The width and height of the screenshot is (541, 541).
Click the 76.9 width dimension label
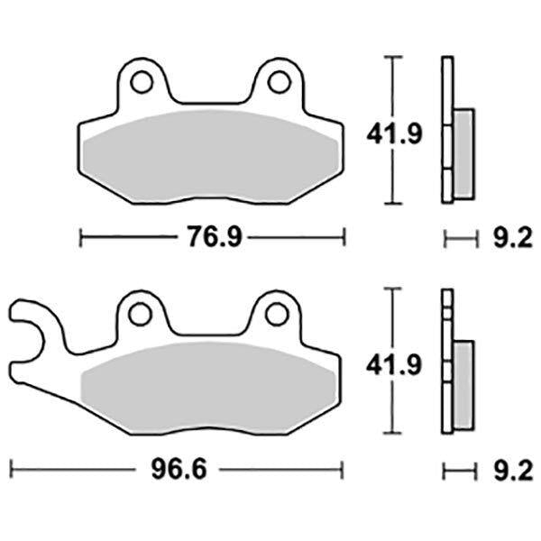point(209,238)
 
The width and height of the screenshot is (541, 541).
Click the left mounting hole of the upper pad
point(141,83)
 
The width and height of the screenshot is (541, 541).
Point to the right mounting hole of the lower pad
point(277,315)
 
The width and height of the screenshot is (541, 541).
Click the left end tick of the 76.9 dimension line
point(81,238)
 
